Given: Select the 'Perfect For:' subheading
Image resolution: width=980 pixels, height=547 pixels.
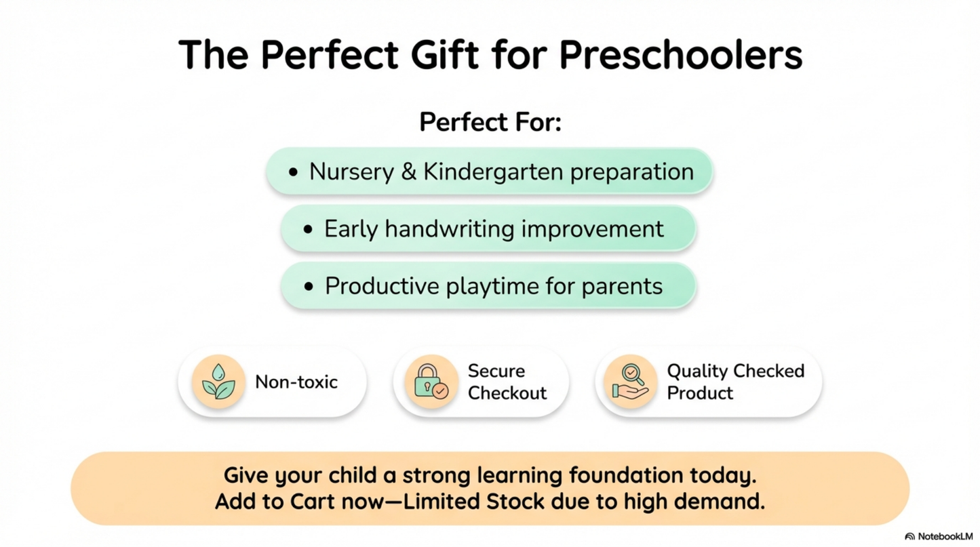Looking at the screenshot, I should click(x=490, y=122).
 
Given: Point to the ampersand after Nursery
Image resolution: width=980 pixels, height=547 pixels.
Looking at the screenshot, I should click(x=408, y=171).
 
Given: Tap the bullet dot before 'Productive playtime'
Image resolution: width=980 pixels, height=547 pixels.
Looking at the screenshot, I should click(x=309, y=287).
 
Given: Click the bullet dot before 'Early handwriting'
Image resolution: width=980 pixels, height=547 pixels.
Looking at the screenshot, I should click(x=309, y=230).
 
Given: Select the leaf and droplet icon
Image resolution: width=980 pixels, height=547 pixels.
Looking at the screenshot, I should click(x=218, y=382).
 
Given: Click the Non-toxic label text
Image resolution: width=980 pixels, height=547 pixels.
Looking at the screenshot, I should click(x=296, y=382).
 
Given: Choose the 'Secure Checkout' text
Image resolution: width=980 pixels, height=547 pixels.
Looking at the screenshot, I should click(x=507, y=382).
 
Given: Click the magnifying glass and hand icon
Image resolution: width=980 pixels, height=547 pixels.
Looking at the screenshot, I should click(x=630, y=382).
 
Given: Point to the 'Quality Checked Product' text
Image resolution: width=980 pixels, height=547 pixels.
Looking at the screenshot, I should click(x=735, y=382).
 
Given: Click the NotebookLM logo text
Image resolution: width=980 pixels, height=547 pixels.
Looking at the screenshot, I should click(x=945, y=536).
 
